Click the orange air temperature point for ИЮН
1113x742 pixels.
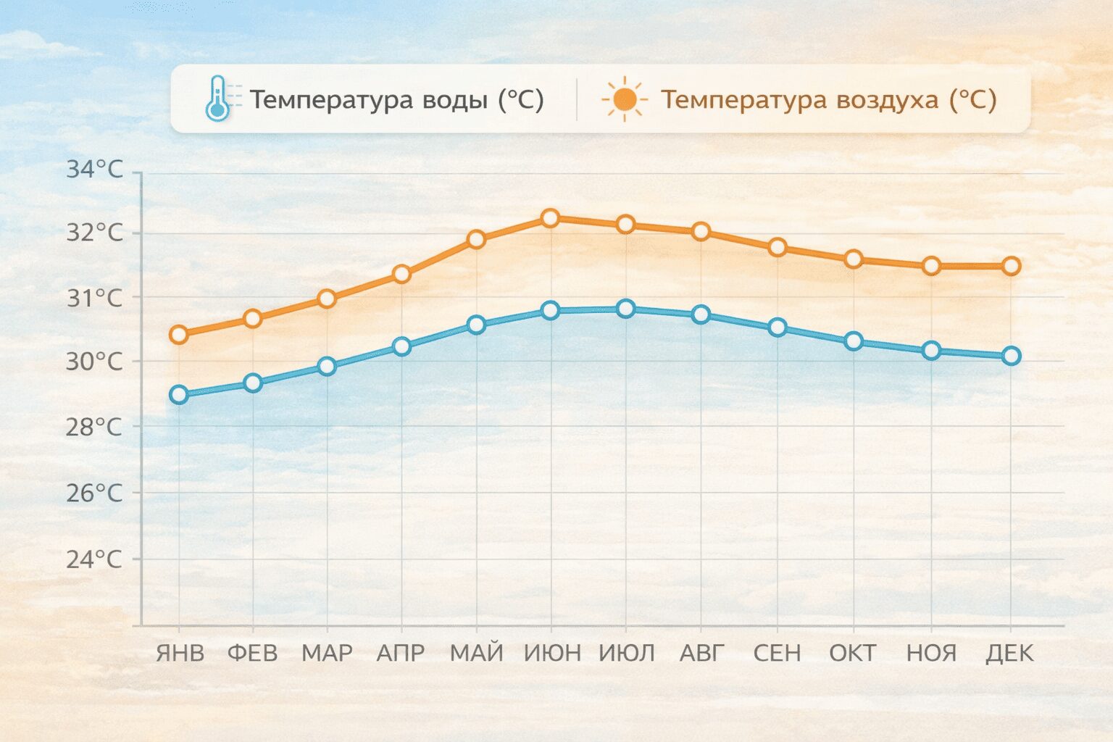(551, 218)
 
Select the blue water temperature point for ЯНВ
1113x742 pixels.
(178, 395)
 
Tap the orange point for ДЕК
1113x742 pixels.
(1011, 266)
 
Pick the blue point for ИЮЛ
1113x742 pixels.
(626, 309)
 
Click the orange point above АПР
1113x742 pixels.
(401, 274)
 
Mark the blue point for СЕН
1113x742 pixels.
(778, 328)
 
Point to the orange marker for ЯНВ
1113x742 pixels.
(178, 334)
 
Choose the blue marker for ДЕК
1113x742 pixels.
(1011, 356)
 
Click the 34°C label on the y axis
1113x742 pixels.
(94, 170)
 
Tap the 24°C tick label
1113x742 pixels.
(94, 559)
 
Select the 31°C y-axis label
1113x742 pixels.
(94, 298)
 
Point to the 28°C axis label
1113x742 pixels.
(94, 427)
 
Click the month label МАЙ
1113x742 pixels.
(476, 653)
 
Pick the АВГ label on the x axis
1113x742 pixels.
(701, 653)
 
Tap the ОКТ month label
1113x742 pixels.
(853, 653)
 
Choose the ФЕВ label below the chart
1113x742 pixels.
(252, 653)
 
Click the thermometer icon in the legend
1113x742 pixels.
(217, 99)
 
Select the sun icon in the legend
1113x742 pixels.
(623, 99)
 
